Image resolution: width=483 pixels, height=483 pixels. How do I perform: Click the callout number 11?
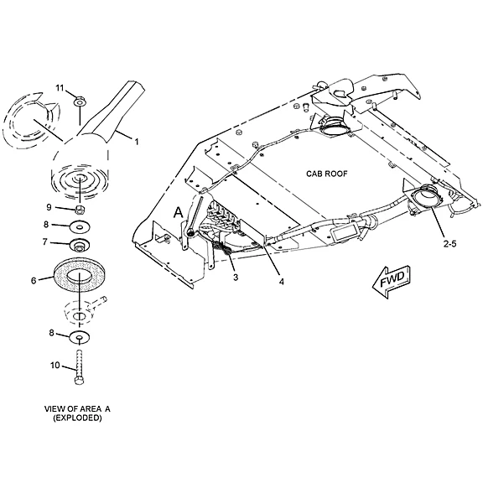pos(60,88)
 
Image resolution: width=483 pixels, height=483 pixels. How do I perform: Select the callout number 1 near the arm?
pos(136,142)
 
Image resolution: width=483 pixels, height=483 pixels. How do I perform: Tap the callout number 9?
pos(49,207)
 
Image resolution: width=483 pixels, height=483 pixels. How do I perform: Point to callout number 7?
pos(45,242)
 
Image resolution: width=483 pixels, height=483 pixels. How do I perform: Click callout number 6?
pos(34,281)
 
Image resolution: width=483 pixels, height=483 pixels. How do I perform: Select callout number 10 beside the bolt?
pos(55,366)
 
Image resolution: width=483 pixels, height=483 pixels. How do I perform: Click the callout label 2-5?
pos(449,244)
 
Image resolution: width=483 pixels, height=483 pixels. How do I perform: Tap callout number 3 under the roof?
pos(236,278)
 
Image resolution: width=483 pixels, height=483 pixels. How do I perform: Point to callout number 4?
pos(282,282)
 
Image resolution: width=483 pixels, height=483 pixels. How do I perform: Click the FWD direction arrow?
pos(392,281)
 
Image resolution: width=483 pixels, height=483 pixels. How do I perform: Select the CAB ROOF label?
pos(326,174)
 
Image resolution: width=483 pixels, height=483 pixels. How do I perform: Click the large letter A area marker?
pos(179,212)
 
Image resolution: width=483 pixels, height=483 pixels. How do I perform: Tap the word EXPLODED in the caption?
pos(77,418)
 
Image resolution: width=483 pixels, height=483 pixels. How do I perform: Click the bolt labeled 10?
pos(79,367)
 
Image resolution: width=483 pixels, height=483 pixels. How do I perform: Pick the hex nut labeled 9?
pos(80,210)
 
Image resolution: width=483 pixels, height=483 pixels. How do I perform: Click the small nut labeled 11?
pos(80,101)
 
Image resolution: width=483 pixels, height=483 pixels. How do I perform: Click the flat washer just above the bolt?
pos(80,337)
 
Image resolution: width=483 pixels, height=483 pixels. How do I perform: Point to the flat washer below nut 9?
pos(80,227)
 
